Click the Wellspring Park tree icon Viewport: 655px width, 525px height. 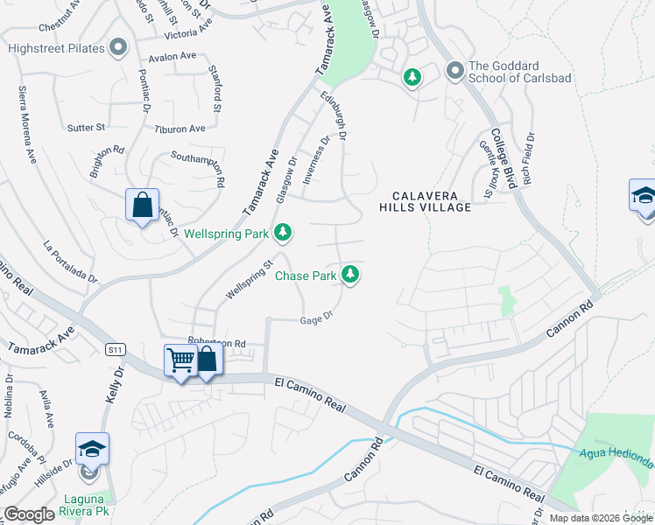(x=282, y=233)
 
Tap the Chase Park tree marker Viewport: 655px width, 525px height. (x=350, y=275)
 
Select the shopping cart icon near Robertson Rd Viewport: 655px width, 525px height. (x=180, y=360)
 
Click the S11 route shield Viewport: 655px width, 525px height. (x=114, y=349)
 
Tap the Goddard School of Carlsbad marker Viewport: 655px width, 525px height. (x=454, y=69)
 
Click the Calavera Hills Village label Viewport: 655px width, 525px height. (x=426, y=201)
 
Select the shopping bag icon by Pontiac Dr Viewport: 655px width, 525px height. (x=142, y=206)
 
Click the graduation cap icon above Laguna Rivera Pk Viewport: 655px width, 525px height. (x=92, y=449)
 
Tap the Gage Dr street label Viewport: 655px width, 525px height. (x=318, y=318)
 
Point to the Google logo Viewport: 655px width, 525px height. (x=30, y=514)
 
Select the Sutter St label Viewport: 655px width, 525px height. (x=86, y=128)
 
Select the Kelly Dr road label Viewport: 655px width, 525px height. (x=112, y=385)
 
